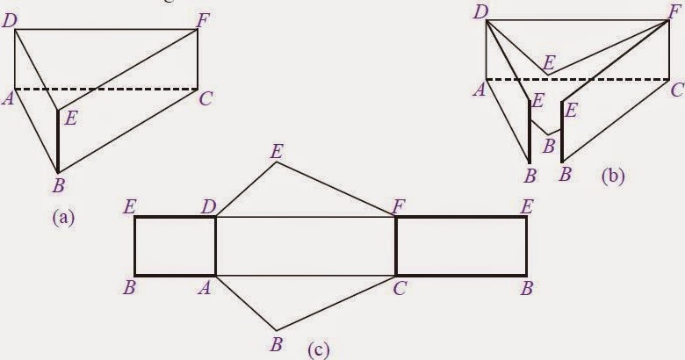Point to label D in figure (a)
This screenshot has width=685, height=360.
(x=10, y=21)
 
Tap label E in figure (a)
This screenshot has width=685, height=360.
(x=70, y=119)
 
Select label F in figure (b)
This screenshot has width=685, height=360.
(x=674, y=12)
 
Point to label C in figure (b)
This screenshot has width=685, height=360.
(x=675, y=89)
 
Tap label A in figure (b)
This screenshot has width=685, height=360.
(x=479, y=88)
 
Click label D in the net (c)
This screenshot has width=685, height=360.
(x=208, y=205)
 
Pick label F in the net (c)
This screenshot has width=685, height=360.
(x=400, y=205)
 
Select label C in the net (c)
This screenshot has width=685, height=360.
(x=400, y=287)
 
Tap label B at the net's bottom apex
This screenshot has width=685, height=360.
(x=276, y=343)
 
